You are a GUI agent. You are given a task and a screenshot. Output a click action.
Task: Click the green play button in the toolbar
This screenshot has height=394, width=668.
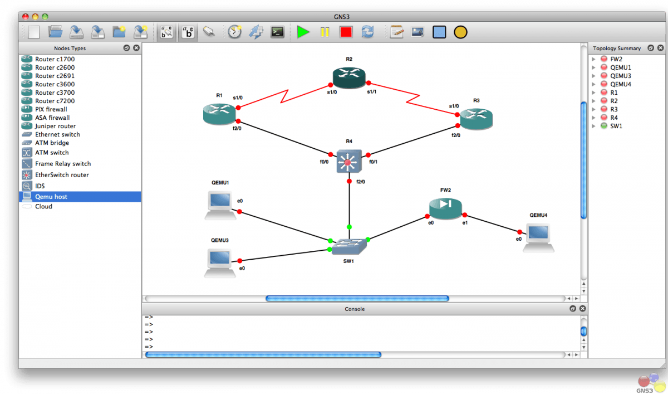(303, 32)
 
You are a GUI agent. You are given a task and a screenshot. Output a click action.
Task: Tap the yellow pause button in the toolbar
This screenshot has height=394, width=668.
(325, 32)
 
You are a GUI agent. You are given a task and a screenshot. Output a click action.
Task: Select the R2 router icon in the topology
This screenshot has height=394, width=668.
(349, 76)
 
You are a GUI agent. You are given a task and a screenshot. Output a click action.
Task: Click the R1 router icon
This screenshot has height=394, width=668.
(220, 114)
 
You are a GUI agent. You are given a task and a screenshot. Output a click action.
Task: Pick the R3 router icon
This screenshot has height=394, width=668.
(477, 118)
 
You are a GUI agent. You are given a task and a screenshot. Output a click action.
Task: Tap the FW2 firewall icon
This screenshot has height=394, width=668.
(445, 207)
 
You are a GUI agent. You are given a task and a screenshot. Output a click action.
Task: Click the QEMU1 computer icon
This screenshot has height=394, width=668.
(220, 205)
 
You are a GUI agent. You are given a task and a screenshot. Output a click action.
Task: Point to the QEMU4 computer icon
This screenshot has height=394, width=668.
(538, 237)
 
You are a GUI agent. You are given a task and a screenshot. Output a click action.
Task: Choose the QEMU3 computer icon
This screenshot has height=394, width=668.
(220, 261)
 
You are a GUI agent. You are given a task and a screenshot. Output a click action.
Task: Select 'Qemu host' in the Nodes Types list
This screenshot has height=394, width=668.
(51, 197)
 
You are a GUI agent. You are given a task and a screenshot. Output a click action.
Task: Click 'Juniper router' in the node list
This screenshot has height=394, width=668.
(55, 126)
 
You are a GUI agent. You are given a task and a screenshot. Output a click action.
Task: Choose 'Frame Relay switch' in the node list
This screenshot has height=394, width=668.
(62, 164)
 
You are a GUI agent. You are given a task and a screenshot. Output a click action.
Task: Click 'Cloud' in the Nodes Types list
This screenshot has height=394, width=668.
(43, 206)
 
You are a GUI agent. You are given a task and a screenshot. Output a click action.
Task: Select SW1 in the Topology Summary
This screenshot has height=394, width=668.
(616, 126)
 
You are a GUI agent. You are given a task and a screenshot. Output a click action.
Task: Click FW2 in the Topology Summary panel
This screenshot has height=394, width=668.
(616, 59)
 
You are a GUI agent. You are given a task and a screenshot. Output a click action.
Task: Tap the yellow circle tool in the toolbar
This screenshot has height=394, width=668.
(460, 32)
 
